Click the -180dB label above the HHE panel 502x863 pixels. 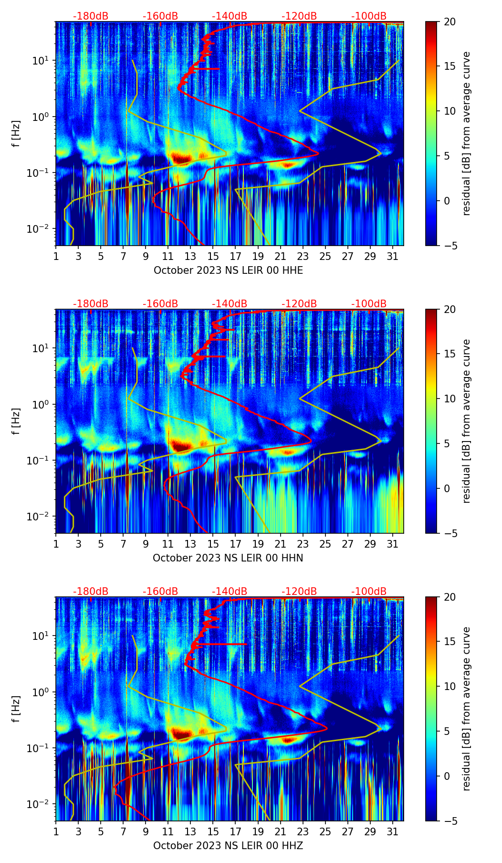click(91, 16)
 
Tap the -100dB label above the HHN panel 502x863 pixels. click(369, 304)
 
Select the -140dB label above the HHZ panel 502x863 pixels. click(230, 592)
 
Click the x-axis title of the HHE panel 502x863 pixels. click(228, 270)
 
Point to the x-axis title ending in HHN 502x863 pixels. click(228, 558)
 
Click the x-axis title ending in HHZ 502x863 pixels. click(228, 846)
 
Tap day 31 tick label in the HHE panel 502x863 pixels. click(393, 256)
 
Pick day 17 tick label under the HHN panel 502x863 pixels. click(235, 544)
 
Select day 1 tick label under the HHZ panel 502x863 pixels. click(56, 831)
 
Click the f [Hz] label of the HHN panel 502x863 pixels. click(16, 421)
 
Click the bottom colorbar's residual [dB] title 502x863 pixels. click(466, 709)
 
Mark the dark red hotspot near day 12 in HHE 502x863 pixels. click(181, 157)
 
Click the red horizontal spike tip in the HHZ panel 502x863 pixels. click(246, 644)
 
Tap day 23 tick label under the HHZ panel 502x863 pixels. click(303, 831)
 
